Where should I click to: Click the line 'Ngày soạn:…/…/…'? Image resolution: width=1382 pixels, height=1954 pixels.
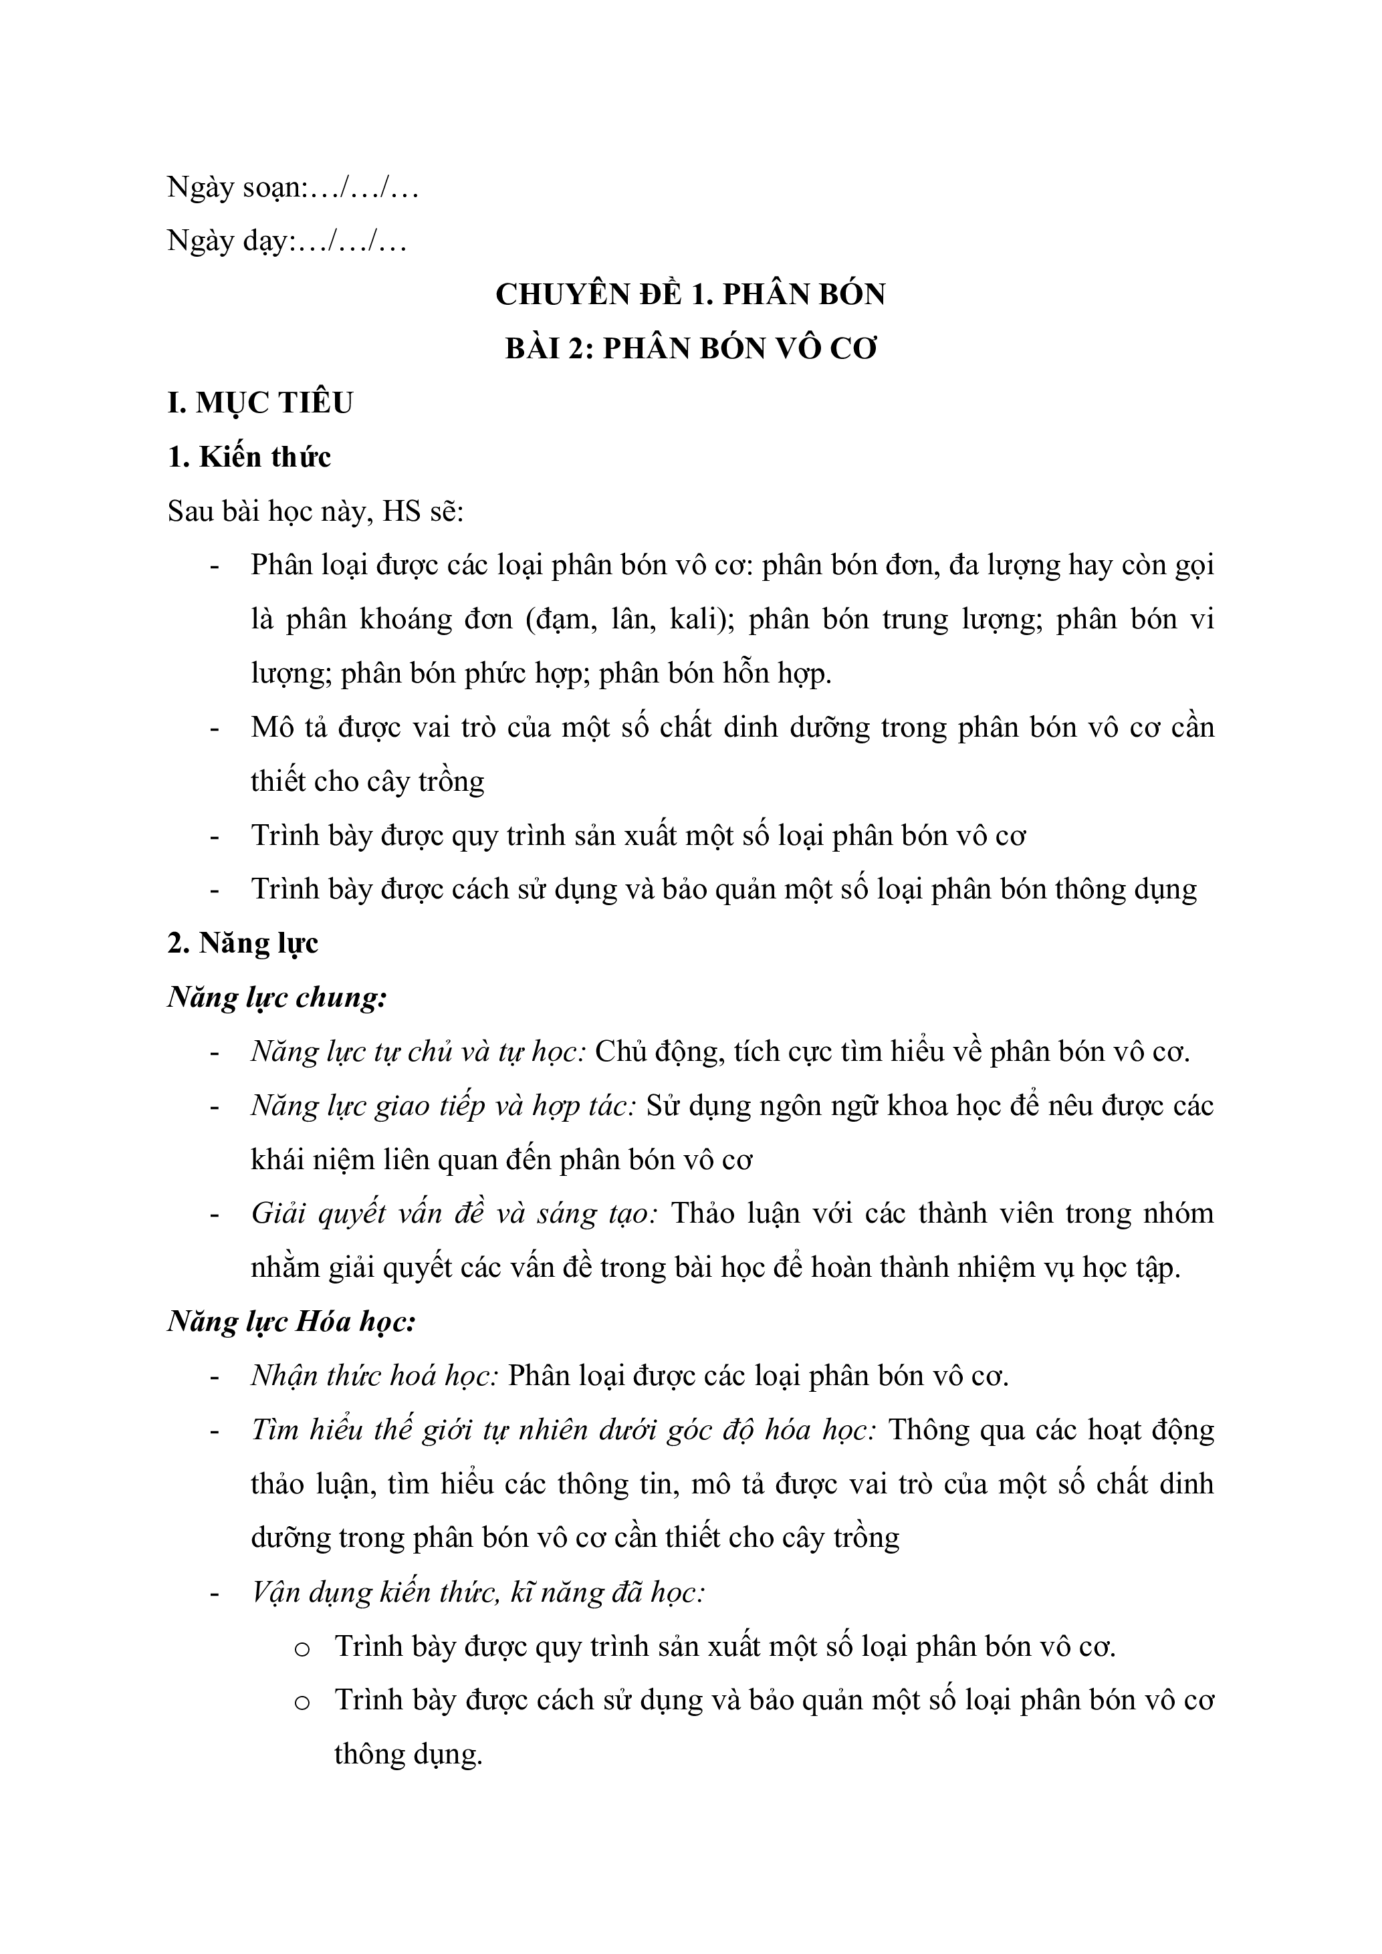pos(292,188)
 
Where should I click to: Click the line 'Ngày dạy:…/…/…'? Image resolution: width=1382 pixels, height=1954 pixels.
pos(286,242)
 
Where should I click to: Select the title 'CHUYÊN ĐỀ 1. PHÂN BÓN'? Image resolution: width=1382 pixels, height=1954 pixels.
pos(690,294)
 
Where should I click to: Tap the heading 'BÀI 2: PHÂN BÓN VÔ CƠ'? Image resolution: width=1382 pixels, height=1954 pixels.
pos(690,349)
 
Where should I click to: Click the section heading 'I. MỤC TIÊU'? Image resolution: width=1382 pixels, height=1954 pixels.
pos(259,402)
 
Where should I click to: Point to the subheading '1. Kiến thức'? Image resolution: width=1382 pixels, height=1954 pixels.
pos(249,457)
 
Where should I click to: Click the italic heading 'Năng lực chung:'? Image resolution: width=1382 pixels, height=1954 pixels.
pos(277,997)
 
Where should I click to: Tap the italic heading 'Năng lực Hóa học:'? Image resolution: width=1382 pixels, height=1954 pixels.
pos(291,1322)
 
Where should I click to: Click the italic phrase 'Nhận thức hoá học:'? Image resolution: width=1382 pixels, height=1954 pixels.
pos(374,1376)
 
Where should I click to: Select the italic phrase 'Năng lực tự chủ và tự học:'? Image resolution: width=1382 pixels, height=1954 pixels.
pos(418,1052)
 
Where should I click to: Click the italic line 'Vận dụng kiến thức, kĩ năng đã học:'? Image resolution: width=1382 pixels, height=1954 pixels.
pos(477,1592)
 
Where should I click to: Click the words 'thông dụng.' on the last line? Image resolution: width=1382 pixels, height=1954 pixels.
pos(409,1754)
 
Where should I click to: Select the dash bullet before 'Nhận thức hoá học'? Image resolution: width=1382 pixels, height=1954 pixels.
pos(215,1377)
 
